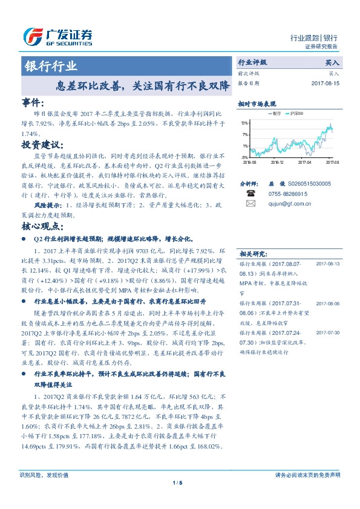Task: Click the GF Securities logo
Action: [57, 37]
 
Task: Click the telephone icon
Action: [250, 193]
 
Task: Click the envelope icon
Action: [250, 204]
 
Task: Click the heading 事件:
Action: [33, 103]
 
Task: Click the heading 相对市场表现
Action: [257, 104]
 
